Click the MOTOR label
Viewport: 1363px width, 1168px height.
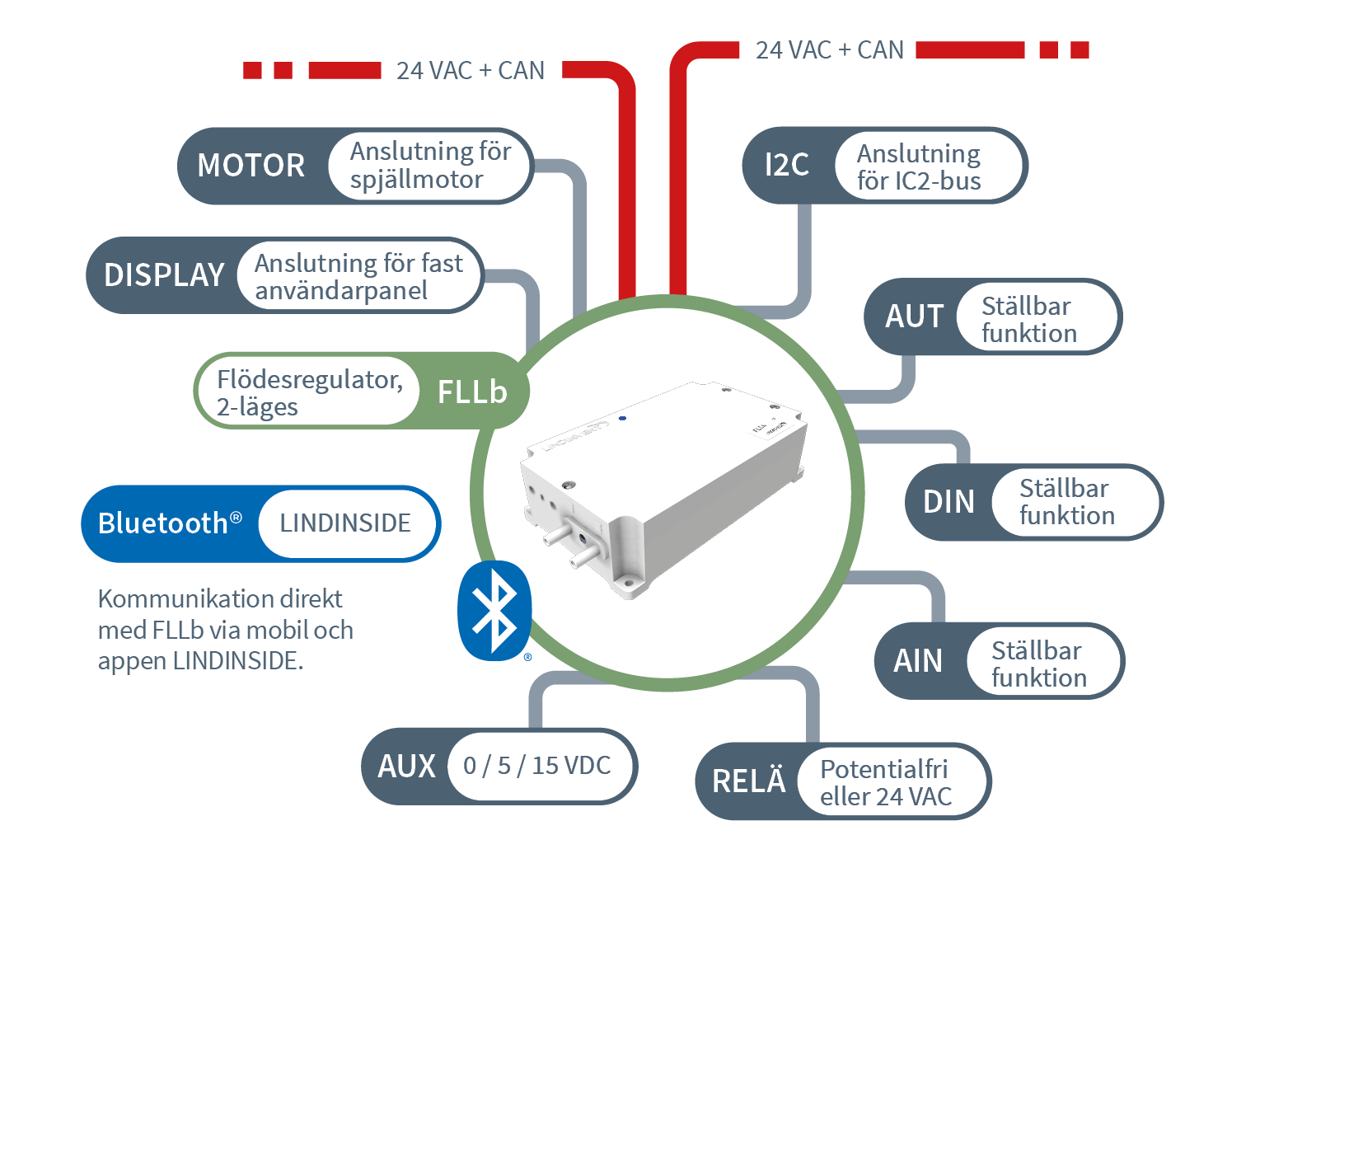pyautogui.click(x=251, y=166)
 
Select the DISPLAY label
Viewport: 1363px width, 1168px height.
pyautogui.click(x=164, y=275)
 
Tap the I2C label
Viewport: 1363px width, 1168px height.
pyautogui.click(x=786, y=165)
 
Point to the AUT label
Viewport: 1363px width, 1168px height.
pyautogui.click(x=914, y=317)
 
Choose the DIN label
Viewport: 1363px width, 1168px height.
pyautogui.click(x=948, y=502)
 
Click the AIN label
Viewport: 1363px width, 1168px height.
pyautogui.click(x=918, y=661)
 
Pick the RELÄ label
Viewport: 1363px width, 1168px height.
pyautogui.click(x=748, y=781)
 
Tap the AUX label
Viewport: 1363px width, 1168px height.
pyautogui.click(x=406, y=767)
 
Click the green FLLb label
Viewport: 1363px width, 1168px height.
pyautogui.click(x=472, y=392)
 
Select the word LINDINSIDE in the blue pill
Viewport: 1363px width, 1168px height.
pyautogui.click(x=345, y=523)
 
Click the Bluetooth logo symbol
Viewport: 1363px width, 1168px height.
pyautogui.click(x=494, y=611)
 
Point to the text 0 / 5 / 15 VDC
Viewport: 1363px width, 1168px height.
pyautogui.click(x=536, y=766)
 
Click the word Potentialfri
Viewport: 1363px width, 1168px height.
pyautogui.click(x=883, y=769)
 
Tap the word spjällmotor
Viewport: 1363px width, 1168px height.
pyautogui.click(x=416, y=180)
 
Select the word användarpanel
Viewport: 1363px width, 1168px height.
pyautogui.click(x=341, y=291)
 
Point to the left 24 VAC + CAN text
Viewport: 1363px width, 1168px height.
pyautogui.click(x=470, y=71)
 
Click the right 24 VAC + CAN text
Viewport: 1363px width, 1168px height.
pyautogui.click(x=829, y=50)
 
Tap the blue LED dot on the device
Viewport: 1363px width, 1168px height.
pyautogui.click(x=622, y=418)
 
